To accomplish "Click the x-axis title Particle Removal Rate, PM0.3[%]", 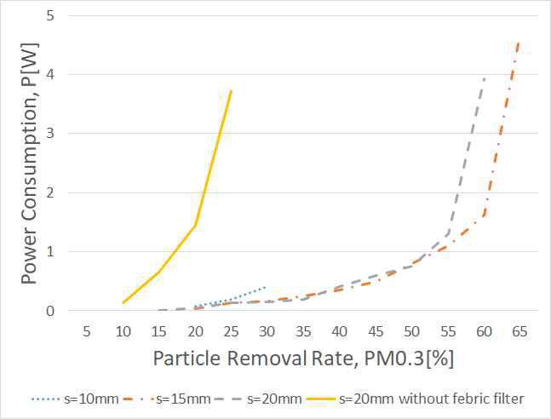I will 302,359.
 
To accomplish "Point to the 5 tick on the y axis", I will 53,15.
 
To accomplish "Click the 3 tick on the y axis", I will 53,134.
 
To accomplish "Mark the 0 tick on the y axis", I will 53,311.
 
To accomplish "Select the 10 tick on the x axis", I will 123,330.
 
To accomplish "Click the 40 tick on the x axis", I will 340,330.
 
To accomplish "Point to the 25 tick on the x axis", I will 232,330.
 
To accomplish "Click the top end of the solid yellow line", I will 232,90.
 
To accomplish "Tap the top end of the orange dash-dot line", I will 519,41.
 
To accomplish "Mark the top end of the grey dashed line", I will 485,77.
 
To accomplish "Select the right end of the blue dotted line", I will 267,287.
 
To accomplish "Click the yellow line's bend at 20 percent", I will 196,226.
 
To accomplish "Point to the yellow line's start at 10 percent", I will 123,302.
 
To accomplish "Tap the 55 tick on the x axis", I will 448,330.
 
